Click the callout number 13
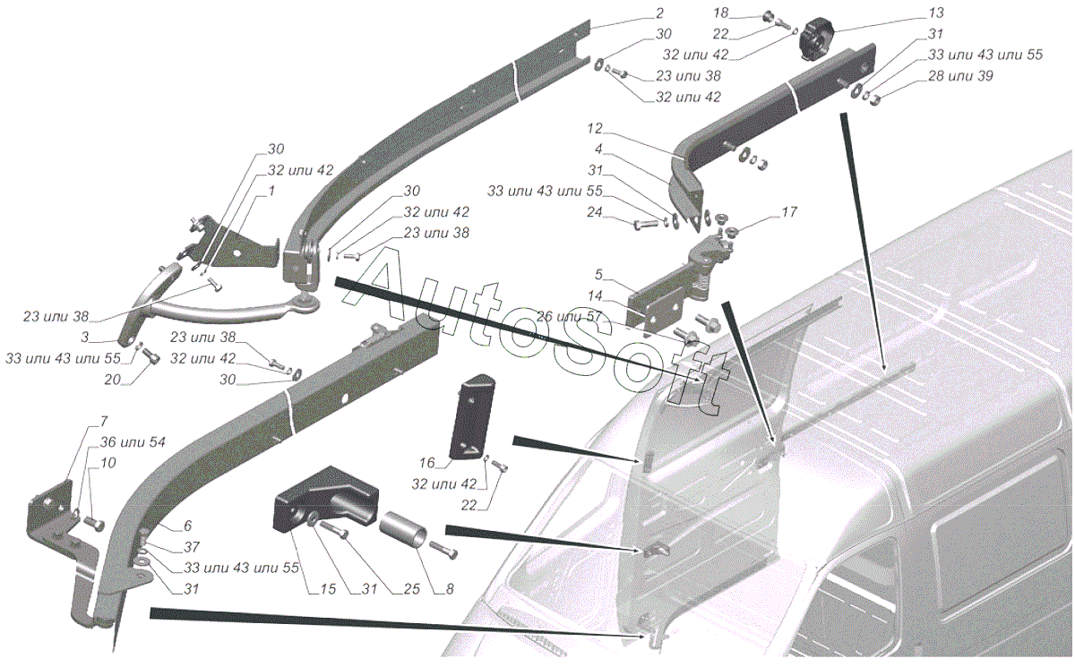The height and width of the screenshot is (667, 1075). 936,13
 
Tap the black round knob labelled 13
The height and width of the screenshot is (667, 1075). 816,38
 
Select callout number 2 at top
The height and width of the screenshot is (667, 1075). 660,13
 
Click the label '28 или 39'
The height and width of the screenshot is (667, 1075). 960,76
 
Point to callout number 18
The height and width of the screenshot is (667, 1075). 721,13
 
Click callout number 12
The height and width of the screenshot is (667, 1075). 594,129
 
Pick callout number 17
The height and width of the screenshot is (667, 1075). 789,212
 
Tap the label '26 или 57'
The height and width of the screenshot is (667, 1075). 569,316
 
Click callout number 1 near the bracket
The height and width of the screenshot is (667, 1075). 271,192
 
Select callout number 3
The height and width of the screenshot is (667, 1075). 84,338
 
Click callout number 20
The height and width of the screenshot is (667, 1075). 112,380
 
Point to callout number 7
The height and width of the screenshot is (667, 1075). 104,422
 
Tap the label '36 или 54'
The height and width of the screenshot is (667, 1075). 132,442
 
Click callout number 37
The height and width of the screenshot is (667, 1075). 192,547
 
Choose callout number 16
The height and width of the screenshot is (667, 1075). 426,463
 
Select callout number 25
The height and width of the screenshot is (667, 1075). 411,589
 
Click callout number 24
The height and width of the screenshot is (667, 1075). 594,212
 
